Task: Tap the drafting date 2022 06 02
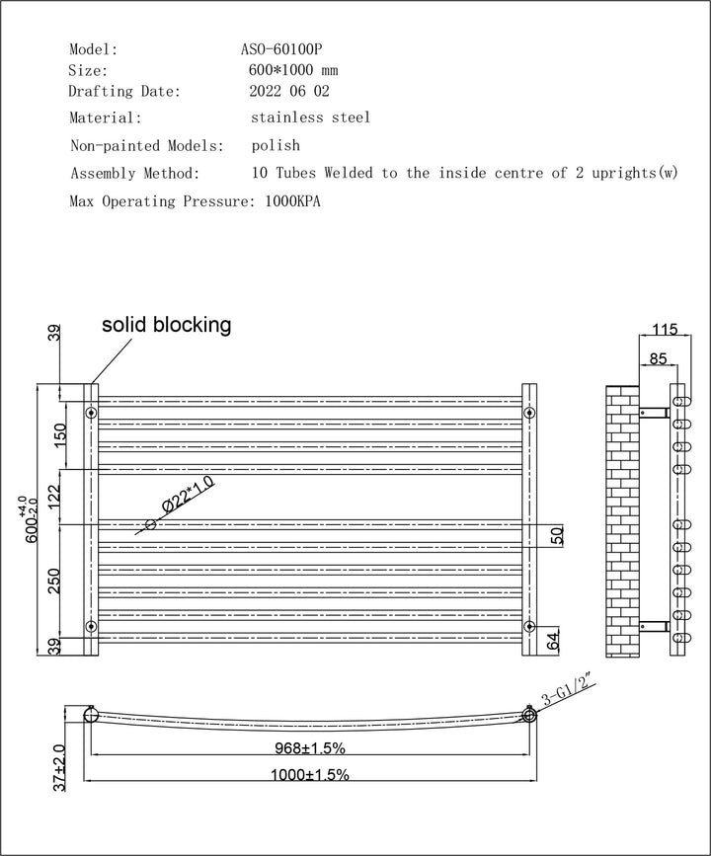[x=289, y=92]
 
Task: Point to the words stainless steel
[x=311, y=117]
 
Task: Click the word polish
[x=276, y=145]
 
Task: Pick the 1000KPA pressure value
[x=293, y=201]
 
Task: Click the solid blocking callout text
[x=167, y=325]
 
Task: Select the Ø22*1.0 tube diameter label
[x=187, y=496]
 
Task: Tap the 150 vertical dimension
[x=60, y=434]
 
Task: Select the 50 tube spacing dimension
[x=556, y=535]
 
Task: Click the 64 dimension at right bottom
[x=555, y=641]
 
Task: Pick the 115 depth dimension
[x=666, y=330]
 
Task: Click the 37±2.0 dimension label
[x=60, y=769]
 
